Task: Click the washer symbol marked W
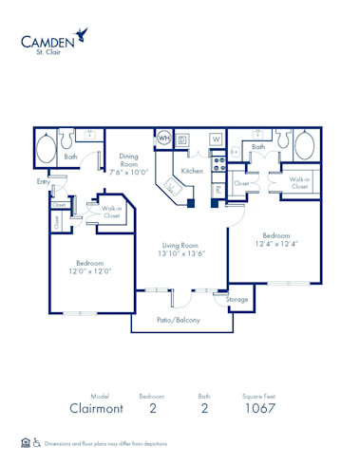[x=216, y=139]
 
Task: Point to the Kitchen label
[x=193, y=171]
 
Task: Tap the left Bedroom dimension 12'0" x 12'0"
[x=90, y=270]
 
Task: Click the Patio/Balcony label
[x=178, y=320]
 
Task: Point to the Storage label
[x=237, y=299]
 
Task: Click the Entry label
[x=44, y=180]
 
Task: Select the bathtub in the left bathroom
[x=46, y=149]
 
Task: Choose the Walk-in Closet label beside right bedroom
[x=299, y=182]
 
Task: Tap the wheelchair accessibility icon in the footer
[x=37, y=443]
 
